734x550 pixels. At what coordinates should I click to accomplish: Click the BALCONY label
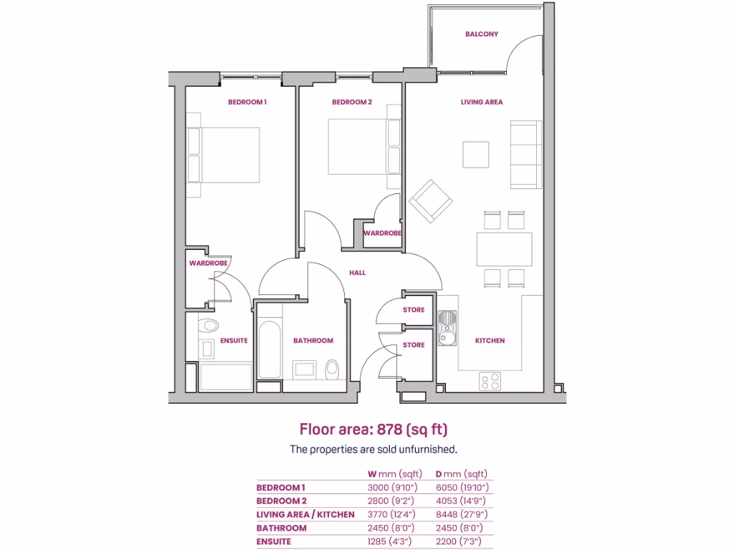[481, 34]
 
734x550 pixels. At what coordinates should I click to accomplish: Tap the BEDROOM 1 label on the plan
[247, 102]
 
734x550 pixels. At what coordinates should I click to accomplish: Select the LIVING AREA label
[482, 102]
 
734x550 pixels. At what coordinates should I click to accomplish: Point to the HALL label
[357, 273]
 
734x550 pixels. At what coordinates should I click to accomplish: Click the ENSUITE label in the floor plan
[234, 341]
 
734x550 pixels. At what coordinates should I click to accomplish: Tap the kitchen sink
[448, 327]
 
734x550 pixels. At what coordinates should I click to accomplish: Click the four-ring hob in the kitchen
[490, 382]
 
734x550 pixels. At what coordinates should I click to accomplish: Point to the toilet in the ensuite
[209, 326]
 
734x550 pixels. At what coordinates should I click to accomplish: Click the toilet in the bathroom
[333, 370]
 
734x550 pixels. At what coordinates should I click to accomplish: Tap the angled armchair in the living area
[431, 200]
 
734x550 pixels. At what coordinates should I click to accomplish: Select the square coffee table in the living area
[476, 154]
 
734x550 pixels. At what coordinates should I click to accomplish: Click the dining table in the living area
[504, 249]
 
